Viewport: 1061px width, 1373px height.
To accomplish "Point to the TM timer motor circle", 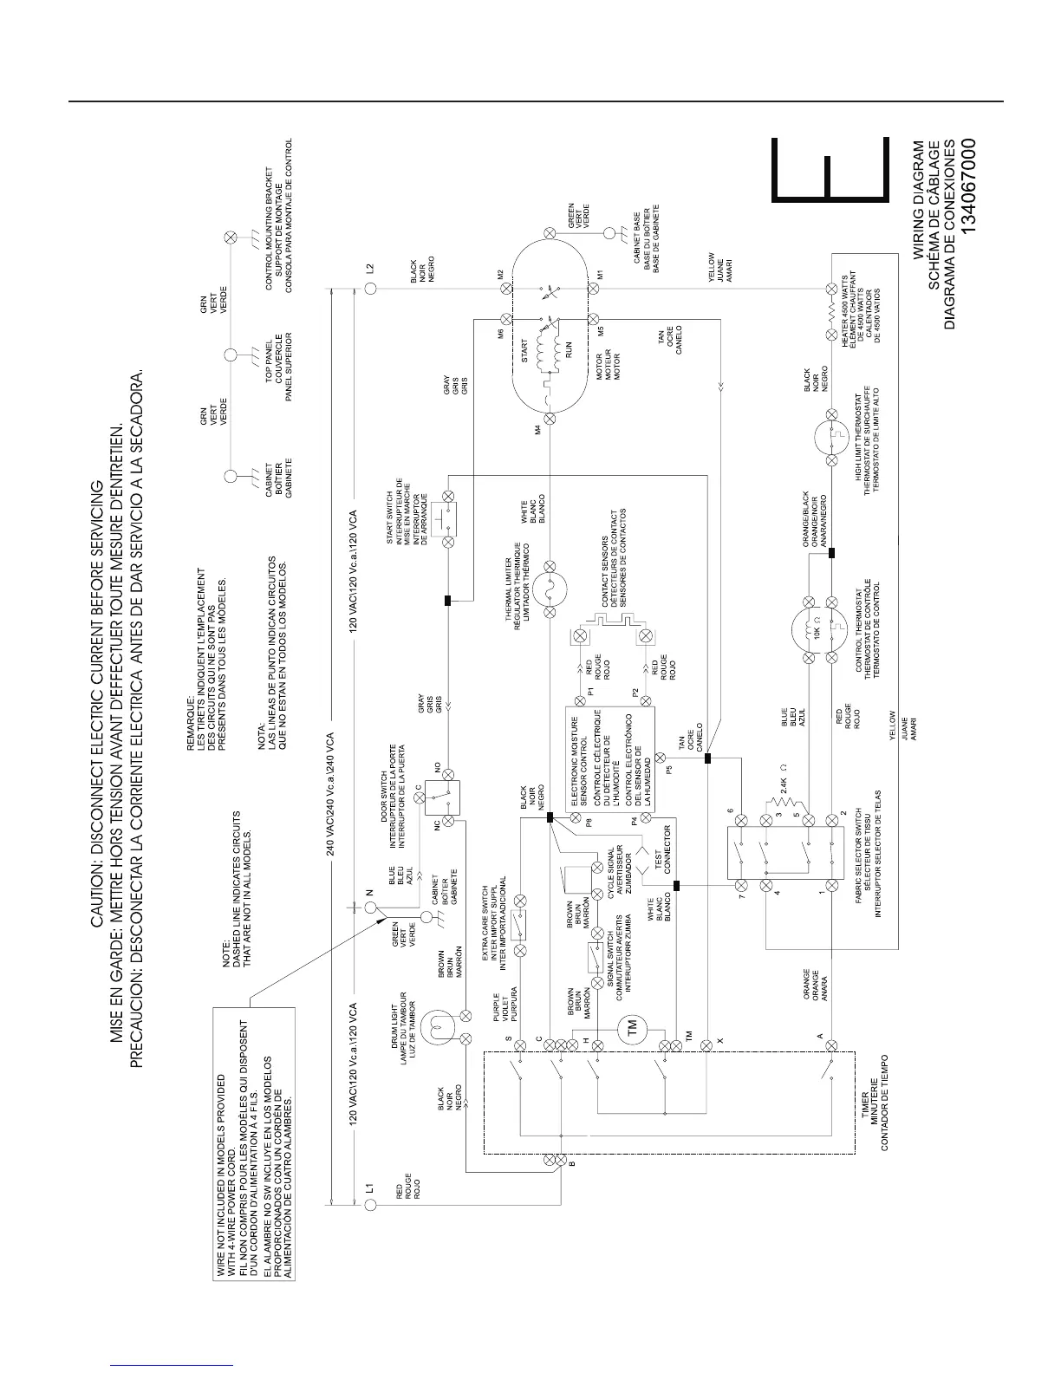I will pos(631,1024).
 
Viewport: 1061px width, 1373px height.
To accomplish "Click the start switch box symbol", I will pos(448,519).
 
